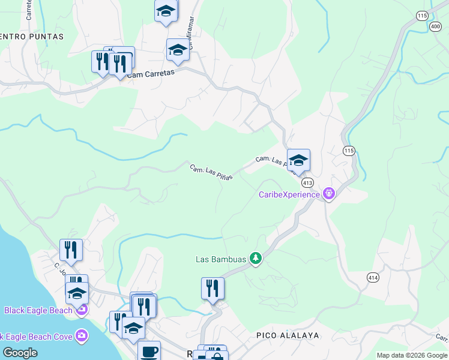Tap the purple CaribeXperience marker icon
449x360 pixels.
328,194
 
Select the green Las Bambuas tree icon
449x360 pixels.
256,259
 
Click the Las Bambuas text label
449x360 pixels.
221,260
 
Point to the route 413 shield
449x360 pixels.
307,182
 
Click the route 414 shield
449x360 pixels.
373,277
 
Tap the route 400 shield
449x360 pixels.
435,26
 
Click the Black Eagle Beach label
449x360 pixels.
38,310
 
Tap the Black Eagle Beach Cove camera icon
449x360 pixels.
82,336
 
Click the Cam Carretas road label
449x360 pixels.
151,74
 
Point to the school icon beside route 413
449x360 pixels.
298,160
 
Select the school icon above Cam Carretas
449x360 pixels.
178,51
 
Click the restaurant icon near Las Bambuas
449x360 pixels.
212,289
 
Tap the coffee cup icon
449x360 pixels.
149,351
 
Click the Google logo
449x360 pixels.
20,353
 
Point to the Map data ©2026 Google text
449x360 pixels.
412,355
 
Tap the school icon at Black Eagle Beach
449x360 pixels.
77,293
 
